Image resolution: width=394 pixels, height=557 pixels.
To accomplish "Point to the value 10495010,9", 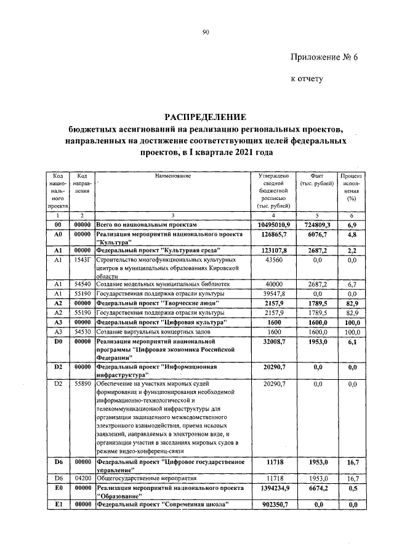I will pos(274,226).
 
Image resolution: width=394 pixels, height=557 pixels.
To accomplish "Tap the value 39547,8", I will pos(274,295).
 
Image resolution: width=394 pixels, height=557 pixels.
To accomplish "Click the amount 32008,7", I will pos(274,340).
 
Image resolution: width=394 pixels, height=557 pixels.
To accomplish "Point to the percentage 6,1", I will pos(352,340).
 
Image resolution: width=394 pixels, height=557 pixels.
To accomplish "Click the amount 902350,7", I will pos(274,505).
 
